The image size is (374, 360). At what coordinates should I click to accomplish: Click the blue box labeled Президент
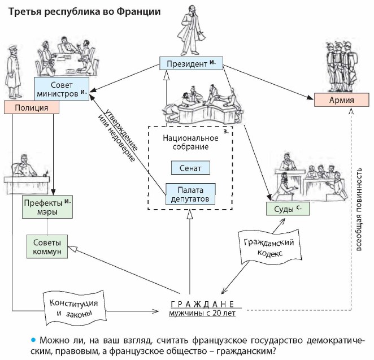190,63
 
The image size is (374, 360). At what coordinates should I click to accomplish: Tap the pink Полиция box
31,107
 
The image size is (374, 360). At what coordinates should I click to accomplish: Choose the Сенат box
189,167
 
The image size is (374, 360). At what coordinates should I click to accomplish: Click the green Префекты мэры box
48,206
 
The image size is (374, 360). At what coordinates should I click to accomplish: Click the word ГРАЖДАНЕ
201,303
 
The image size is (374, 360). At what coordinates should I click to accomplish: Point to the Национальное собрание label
190,142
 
